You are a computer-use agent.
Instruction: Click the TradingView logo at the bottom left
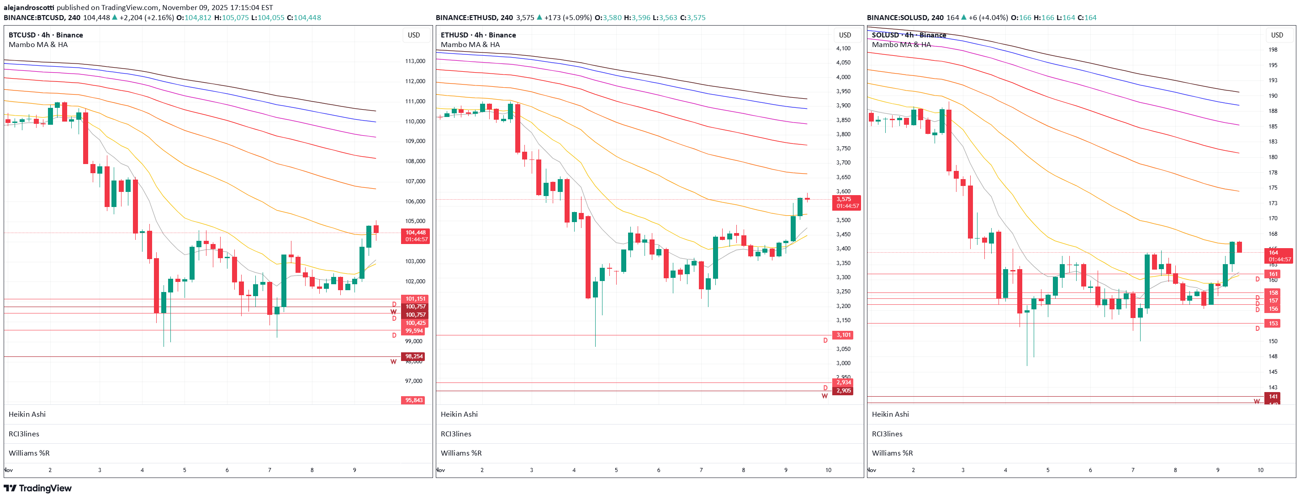[x=38, y=488]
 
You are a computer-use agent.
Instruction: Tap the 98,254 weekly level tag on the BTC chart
[x=413, y=356]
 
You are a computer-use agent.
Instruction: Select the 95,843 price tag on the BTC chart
[x=413, y=400]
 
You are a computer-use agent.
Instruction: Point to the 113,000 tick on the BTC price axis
[x=415, y=61]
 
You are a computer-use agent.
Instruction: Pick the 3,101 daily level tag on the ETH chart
[x=843, y=335]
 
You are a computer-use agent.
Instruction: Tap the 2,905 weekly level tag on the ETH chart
[x=843, y=390]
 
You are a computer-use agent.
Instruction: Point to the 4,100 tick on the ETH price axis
[x=843, y=48]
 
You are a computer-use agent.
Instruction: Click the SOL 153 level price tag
[x=1273, y=323]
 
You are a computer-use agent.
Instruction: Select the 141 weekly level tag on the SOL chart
[x=1273, y=397]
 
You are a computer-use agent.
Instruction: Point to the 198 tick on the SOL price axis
[x=1273, y=49]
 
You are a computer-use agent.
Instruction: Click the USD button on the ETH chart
[x=845, y=35]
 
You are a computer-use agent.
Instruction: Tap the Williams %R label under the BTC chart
[x=29, y=453]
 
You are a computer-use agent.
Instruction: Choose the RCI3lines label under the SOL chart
[x=887, y=434]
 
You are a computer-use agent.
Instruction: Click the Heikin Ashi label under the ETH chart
[x=459, y=414]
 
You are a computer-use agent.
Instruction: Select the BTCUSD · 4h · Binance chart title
[x=45, y=35]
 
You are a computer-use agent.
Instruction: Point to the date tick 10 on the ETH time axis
[x=828, y=470]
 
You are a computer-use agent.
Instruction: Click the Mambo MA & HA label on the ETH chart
[x=470, y=44]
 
